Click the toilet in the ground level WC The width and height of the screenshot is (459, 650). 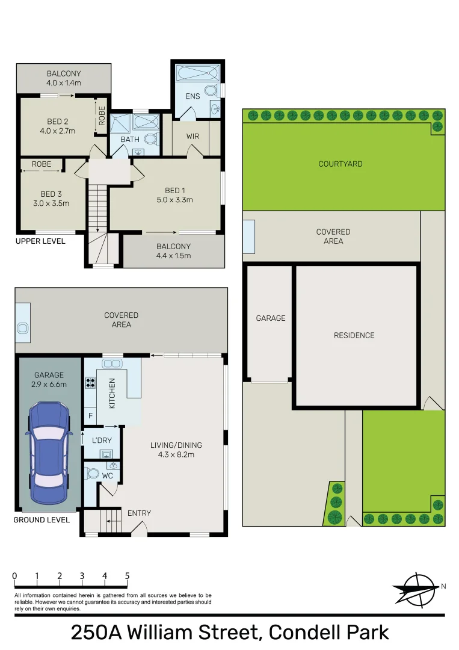[x=91, y=474]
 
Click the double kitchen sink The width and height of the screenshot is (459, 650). [x=112, y=364]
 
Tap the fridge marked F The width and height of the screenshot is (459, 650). [x=90, y=415]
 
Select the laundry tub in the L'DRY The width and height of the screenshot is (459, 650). [x=106, y=454]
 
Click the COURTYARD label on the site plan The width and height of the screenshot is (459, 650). [x=340, y=164]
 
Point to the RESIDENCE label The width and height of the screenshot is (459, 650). [x=354, y=335]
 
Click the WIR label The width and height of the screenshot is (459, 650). [x=193, y=137]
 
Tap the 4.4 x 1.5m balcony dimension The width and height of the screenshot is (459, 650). [x=173, y=256]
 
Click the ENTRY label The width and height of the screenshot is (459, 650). [x=139, y=513]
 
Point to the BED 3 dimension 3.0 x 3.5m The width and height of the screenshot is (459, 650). [x=51, y=203]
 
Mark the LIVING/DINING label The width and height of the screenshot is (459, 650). [x=176, y=445]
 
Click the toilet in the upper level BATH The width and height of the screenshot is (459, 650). [x=152, y=140]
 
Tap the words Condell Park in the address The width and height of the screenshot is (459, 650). [x=328, y=633]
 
